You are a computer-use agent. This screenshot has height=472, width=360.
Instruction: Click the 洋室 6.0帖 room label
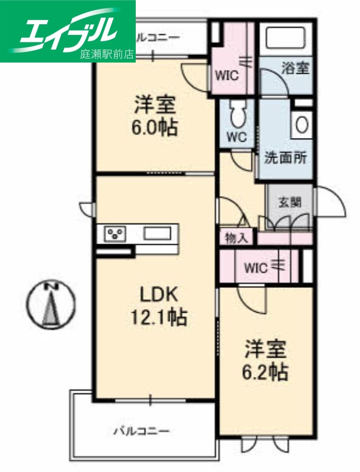(x=156, y=116)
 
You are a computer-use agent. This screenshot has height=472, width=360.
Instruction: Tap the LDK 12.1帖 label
(x=158, y=306)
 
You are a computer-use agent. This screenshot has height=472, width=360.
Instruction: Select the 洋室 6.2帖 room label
(x=266, y=360)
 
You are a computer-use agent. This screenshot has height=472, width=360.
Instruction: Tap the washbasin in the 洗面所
(x=302, y=124)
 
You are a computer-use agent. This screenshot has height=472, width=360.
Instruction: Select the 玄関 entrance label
(x=289, y=202)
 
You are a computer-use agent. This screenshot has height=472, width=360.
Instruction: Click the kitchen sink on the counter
(x=156, y=233)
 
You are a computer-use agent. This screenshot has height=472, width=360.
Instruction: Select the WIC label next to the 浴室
(x=226, y=75)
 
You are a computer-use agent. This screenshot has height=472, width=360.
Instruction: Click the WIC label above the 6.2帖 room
(x=256, y=267)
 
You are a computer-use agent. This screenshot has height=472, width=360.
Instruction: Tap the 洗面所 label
(x=285, y=158)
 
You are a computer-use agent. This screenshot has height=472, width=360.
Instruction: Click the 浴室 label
(x=295, y=68)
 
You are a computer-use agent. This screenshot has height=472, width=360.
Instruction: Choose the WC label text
(x=237, y=137)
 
